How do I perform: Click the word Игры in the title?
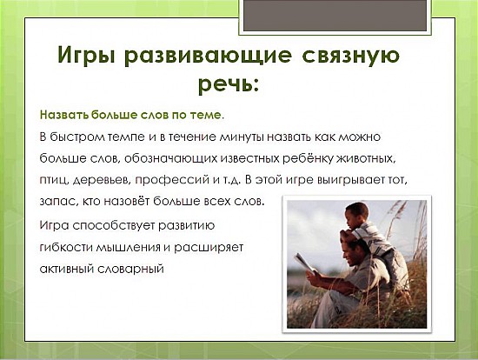click(x=86, y=55)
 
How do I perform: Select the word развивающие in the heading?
click(x=209, y=56)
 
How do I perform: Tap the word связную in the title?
click(x=350, y=56)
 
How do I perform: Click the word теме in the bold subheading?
click(x=207, y=115)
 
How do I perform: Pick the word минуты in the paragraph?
click(x=242, y=137)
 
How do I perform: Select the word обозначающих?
click(x=170, y=158)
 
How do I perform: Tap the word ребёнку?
click(x=308, y=158)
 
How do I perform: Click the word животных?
click(x=366, y=158)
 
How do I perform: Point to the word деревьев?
click(x=103, y=180)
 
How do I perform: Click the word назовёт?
click(x=127, y=202)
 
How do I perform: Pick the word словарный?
click(x=130, y=269)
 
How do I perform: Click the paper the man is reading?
click(x=305, y=263)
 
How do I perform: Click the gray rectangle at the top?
click(x=335, y=16)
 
